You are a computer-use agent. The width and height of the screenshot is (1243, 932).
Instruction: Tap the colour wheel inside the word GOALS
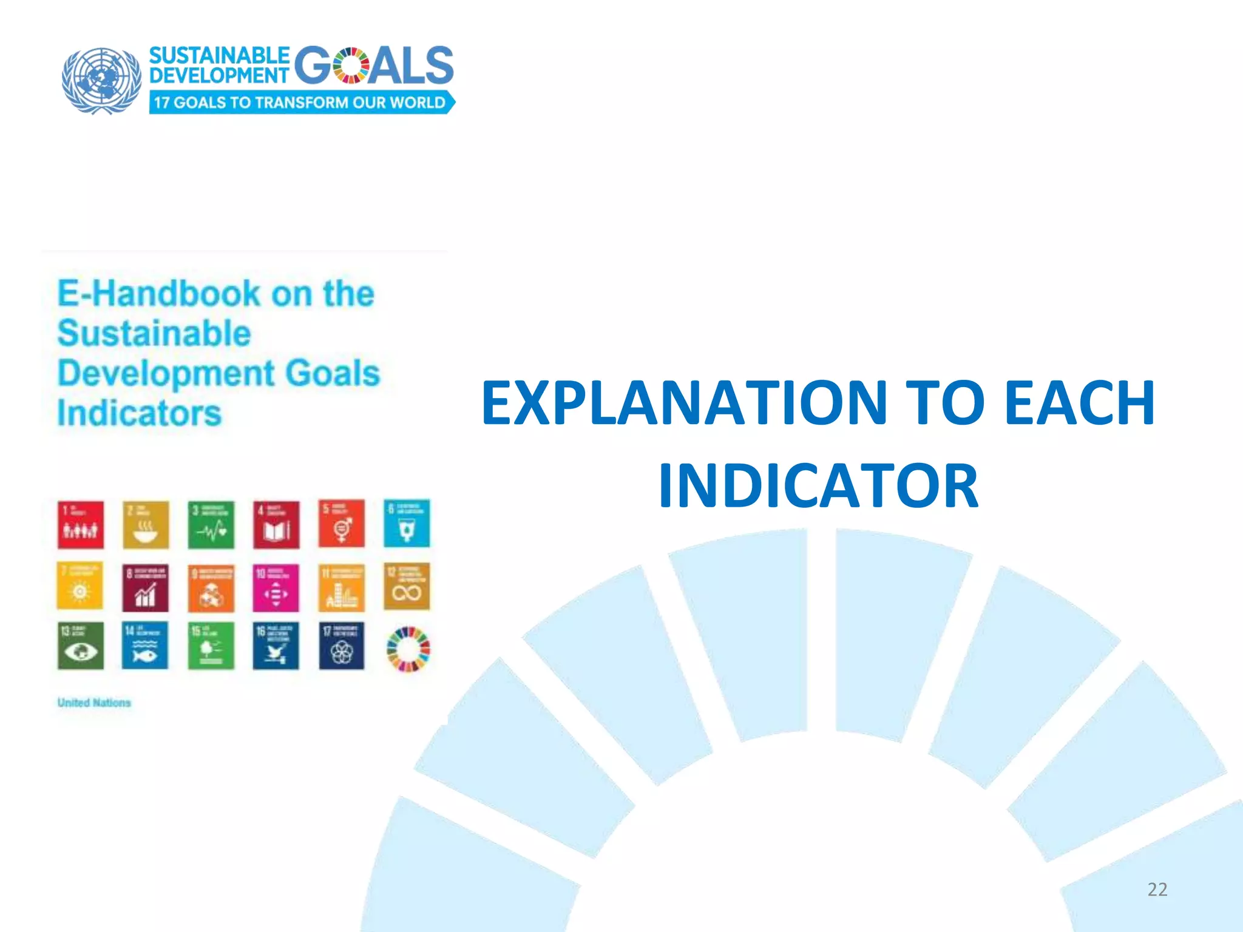pyautogui.click(x=351, y=65)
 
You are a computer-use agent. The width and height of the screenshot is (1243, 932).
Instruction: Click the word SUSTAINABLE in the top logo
pyautogui.click(x=219, y=55)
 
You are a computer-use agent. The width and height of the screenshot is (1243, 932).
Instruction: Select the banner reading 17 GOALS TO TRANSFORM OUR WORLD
pyautogui.click(x=301, y=102)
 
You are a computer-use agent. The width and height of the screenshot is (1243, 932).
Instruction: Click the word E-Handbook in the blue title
pyautogui.click(x=158, y=294)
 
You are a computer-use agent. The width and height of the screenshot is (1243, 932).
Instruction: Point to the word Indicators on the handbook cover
pyautogui.click(x=140, y=413)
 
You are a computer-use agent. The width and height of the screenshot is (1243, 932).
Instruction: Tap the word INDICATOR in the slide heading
pyautogui.click(x=818, y=485)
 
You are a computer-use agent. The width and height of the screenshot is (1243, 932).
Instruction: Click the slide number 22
pyautogui.click(x=1157, y=890)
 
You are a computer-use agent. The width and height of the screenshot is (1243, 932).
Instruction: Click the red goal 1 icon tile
pyautogui.click(x=81, y=524)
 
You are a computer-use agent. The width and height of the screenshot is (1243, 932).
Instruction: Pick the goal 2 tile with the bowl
pyautogui.click(x=146, y=524)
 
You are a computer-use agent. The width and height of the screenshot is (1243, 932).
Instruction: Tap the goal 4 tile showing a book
pyautogui.click(x=276, y=524)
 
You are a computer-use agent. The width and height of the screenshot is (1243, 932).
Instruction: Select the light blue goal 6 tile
pyautogui.click(x=407, y=523)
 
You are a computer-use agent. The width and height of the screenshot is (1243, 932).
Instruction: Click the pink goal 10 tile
pyautogui.click(x=276, y=587)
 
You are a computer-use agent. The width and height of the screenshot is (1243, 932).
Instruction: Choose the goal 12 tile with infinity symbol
pyautogui.click(x=407, y=586)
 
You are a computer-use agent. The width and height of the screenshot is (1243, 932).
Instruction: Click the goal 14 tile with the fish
pyautogui.click(x=145, y=646)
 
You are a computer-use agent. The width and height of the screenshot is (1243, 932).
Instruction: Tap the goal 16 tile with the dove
pyautogui.click(x=276, y=646)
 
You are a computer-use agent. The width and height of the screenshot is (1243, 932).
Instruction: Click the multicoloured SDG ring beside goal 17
pyautogui.click(x=408, y=649)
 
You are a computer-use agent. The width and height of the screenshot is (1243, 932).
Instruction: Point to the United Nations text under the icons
pyautogui.click(x=94, y=703)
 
